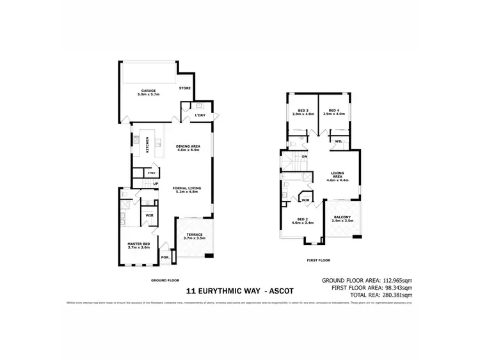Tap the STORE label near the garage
coord(185,88)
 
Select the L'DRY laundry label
coord(200,115)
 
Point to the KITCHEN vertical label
coord(148,145)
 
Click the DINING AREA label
coord(188,147)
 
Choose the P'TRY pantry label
coord(151,173)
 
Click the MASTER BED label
coord(138,245)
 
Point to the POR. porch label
coord(165,257)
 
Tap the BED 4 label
coord(333,111)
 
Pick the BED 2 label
coord(301,221)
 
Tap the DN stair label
coord(305,156)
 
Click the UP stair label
coord(155,184)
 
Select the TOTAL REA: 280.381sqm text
coord(381,295)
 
